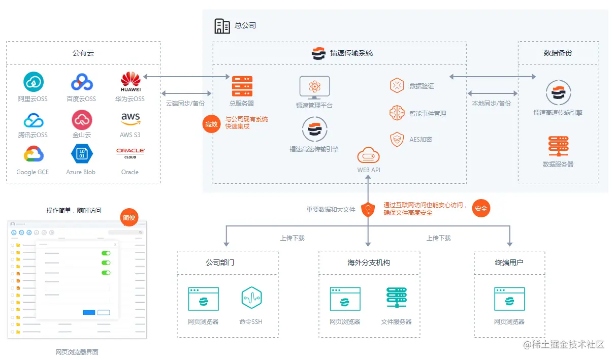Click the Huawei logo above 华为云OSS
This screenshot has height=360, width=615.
(131, 81)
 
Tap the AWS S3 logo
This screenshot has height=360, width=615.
(131, 119)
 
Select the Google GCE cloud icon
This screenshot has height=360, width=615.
(33, 154)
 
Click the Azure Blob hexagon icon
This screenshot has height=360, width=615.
(81, 154)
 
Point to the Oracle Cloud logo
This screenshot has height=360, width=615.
(130, 153)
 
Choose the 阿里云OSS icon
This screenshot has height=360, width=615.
(34, 82)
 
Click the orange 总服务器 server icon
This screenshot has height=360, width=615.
(242, 86)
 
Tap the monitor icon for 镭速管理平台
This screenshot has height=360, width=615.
(314, 88)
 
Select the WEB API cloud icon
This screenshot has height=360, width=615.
(368, 155)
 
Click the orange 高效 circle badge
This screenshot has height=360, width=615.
(211, 123)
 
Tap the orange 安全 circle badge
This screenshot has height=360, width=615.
(481, 208)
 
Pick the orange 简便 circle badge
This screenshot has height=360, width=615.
(129, 217)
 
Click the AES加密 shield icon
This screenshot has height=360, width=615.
(397, 139)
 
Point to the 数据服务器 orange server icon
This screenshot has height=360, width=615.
(558, 147)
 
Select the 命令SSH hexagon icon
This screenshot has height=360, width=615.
(251, 299)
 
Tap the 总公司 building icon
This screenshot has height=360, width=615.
(222, 26)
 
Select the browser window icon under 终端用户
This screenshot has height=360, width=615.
(509, 299)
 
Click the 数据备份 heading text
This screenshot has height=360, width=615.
(558, 53)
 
